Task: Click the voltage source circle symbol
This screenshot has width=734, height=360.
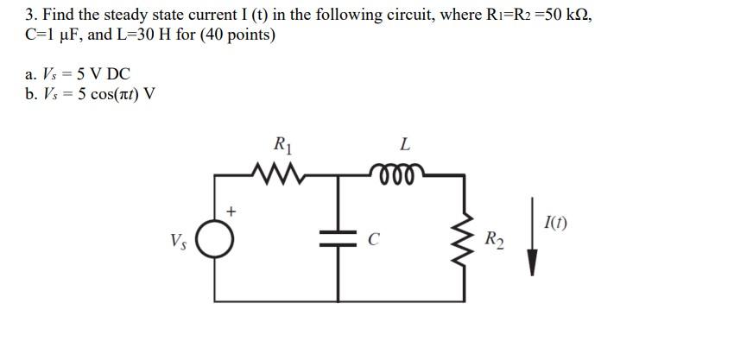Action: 215,241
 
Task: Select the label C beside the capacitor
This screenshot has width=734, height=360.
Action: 374,243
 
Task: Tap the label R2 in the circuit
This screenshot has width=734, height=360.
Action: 493,239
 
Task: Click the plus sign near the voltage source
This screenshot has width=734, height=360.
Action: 231,211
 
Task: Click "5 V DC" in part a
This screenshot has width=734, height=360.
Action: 100,73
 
